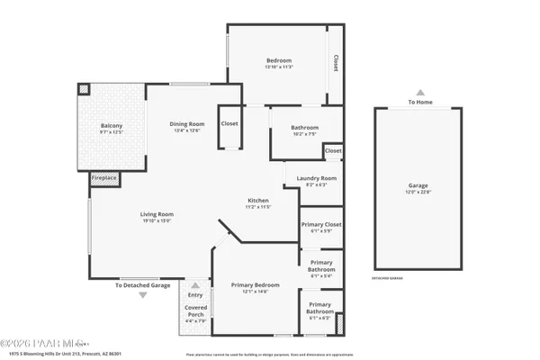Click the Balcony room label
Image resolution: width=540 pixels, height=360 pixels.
pyautogui.click(x=112, y=125)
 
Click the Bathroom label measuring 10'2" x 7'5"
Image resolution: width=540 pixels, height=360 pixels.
pyautogui.click(x=304, y=128)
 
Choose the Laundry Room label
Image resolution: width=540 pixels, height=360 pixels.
pyautogui.click(x=316, y=178)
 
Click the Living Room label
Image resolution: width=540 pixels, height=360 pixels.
pyautogui.click(x=157, y=214)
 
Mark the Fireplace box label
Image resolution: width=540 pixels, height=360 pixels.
pyautogui.click(x=103, y=178)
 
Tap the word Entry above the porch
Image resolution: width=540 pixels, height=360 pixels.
pyautogui.click(x=195, y=295)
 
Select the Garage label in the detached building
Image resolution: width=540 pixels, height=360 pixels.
pyautogui.click(x=418, y=185)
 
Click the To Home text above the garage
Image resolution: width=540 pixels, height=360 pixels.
pyautogui.click(x=419, y=102)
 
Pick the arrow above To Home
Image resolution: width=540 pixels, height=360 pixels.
pyautogui.click(x=419, y=92)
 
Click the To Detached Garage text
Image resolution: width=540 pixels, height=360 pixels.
pyautogui.click(x=142, y=285)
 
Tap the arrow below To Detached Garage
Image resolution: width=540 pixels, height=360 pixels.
pyautogui.click(x=142, y=295)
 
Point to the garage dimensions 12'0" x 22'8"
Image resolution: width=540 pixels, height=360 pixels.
pyautogui.click(x=418, y=192)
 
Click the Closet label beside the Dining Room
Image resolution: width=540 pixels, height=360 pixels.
pyautogui.click(x=229, y=123)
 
